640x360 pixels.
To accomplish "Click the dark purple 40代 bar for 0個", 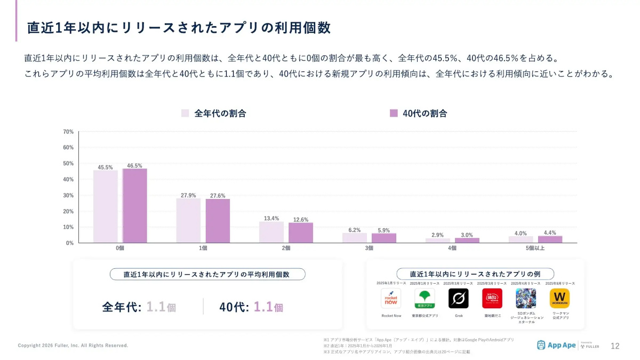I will pos(135,206).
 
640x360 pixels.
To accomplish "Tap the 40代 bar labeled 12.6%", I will pos(301,233).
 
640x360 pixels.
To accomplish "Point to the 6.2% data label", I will pos(355,230).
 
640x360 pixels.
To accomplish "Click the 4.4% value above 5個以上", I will pos(550,233).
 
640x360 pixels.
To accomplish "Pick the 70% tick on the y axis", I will pos(68,132).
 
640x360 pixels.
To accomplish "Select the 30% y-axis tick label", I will pos(68,195).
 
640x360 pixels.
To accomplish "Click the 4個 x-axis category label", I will pos(452,249).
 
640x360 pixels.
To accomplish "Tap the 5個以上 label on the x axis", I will pos(535,249).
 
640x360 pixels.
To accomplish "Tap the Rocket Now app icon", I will pos(391,298).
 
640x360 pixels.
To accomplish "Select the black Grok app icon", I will pos(458,298).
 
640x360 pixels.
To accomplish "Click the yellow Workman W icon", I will pos(559,298).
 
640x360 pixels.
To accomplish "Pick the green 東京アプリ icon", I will pos(425,298).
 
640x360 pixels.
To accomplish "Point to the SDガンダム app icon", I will pos(526,298).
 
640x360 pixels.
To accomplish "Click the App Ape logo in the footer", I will pos(556,345).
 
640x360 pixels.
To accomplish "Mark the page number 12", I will pos(615,346).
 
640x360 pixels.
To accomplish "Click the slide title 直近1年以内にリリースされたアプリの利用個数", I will pos(179,28).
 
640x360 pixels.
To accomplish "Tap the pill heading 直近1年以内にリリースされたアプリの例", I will pos(475,274).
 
